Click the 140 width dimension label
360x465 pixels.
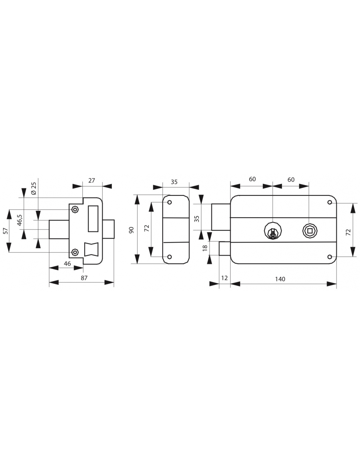point(280,279)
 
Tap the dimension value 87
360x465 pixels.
point(84,278)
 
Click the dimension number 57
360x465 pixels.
point(6,231)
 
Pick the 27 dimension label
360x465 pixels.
point(92,180)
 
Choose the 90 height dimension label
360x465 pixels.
point(132,230)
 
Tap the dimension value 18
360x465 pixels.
point(205,248)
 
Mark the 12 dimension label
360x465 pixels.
point(224,279)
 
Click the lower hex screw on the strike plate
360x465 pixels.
point(75,252)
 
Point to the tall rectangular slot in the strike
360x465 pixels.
point(93,218)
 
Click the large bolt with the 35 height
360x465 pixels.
point(221,217)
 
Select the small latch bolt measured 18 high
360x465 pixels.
point(225,248)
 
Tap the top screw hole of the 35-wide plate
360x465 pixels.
point(170,203)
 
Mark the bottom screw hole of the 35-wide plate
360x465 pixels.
point(170,257)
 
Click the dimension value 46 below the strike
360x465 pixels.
point(67,263)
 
